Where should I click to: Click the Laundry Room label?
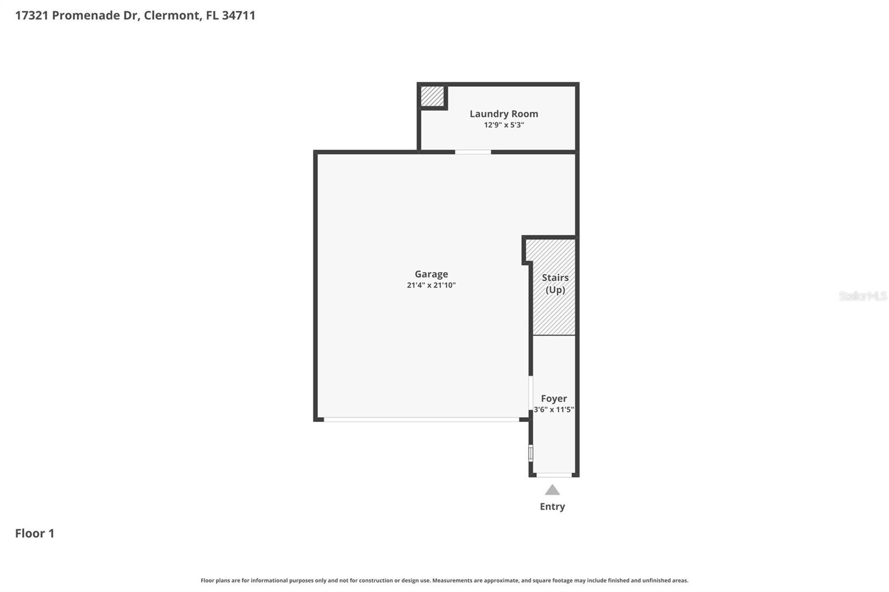pyautogui.click(x=503, y=114)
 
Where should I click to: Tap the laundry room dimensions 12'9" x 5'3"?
pyautogui.click(x=503, y=125)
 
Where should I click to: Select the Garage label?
pyautogui.click(x=431, y=274)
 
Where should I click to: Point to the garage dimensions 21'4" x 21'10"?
pyautogui.click(x=431, y=285)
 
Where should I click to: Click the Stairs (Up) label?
pyautogui.click(x=555, y=283)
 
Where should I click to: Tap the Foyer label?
pyautogui.click(x=554, y=398)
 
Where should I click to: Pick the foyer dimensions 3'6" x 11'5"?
pyautogui.click(x=554, y=410)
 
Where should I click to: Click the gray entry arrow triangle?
pyautogui.click(x=552, y=490)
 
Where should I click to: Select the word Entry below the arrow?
pyautogui.click(x=552, y=506)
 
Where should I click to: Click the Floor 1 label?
pyautogui.click(x=34, y=533)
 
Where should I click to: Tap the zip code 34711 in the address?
pyautogui.click(x=238, y=16)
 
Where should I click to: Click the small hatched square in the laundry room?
pyautogui.click(x=432, y=97)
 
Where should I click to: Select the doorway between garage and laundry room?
pyautogui.click(x=473, y=152)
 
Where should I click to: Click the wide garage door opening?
pyautogui.click(x=421, y=419)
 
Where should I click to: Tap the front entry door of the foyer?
pyautogui.click(x=554, y=475)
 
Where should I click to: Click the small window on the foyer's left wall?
pyautogui.click(x=531, y=453)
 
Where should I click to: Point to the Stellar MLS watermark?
pyautogui.click(x=862, y=296)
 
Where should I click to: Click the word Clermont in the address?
pyautogui.click(x=172, y=16)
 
